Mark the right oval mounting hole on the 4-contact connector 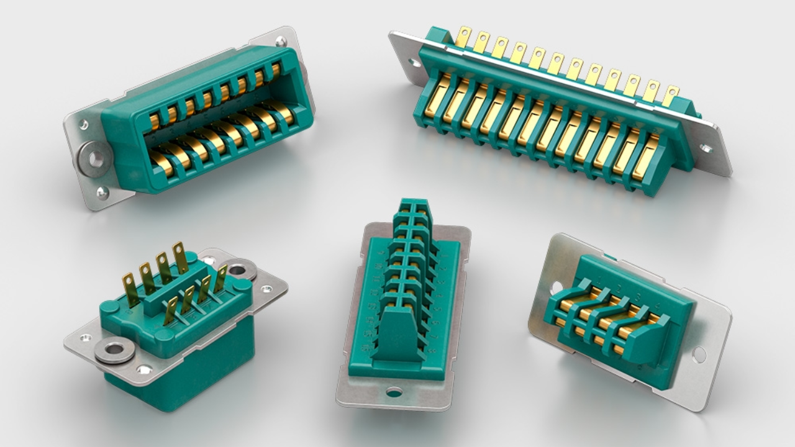click(699, 354)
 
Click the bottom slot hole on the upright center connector click(394, 392)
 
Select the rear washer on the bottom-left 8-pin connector click(239, 269)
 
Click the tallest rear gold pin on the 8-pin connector click(180, 257)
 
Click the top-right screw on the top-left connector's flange click(281, 42)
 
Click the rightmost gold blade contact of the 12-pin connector click(646, 158)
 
